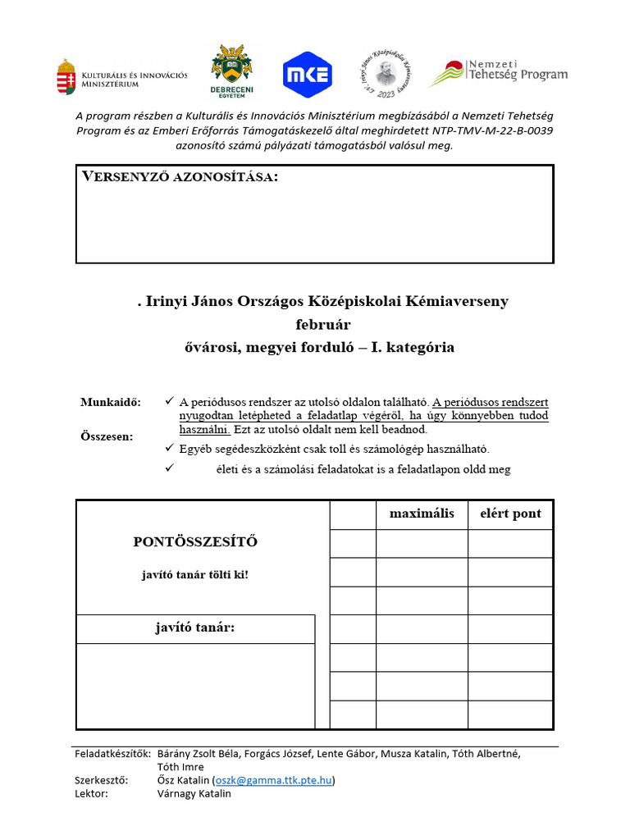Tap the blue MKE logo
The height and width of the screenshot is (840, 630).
click(x=308, y=75)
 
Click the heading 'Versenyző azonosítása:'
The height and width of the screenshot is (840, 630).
click(x=180, y=177)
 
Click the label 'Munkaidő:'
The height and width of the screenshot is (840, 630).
click(x=111, y=402)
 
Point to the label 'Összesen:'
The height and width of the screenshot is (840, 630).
click(x=107, y=436)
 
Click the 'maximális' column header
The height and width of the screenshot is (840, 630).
click(x=422, y=514)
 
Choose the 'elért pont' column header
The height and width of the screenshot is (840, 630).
click(x=510, y=514)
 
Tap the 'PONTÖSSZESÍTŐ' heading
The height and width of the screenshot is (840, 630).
click(x=195, y=541)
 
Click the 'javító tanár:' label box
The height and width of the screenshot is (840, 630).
click(x=195, y=628)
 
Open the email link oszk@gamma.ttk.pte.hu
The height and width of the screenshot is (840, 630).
click(x=274, y=780)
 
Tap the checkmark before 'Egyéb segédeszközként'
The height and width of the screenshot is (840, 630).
click(x=170, y=448)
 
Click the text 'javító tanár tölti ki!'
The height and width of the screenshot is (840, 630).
click(x=195, y=574)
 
